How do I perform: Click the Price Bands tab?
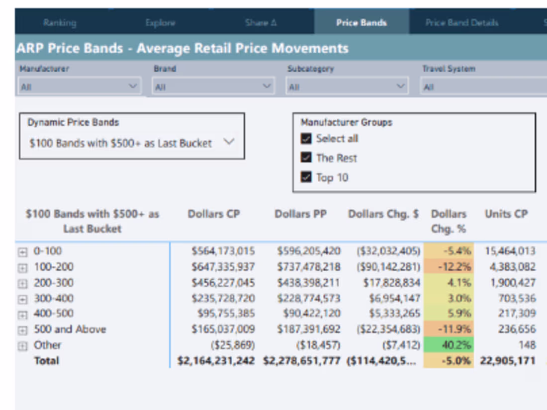tap(361, 23)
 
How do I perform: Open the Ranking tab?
tap(60, 23)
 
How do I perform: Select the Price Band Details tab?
tap(461, 23)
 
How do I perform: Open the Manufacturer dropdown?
tap(80, 86)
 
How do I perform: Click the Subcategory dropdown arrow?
tap(401, 86)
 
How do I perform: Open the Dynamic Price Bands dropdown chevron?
tap(228, 142)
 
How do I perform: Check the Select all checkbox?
tap(306, 139)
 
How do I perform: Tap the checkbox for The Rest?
tap(306, 158)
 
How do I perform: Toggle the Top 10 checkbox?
tap(306, 177)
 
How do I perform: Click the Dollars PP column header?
tap(300, 214)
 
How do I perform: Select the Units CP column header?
tap(506, 214)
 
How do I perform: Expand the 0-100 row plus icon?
tap(22, 252)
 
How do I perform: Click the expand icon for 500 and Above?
tap(22, 330)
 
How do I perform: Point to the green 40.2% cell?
tap(448, 345)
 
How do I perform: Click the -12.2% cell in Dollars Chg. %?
tap(448, 267)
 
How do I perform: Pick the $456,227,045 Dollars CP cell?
tap(223, 283)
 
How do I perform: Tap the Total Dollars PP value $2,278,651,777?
tap(302, 361)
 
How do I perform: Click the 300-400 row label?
tap(53, 298)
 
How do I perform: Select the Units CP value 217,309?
tap(514, 314)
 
